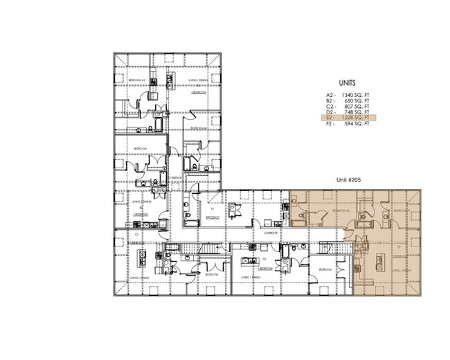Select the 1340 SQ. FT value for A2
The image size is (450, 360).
355,94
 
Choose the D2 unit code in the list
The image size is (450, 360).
330,113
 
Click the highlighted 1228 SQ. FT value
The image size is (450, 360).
356,119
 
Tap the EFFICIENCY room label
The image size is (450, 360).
212,217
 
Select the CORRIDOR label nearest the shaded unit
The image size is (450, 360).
271,233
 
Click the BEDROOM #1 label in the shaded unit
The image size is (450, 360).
400,210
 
